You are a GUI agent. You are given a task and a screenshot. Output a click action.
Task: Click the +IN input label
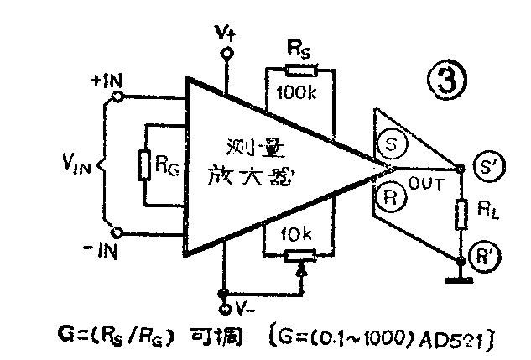pos(107,81)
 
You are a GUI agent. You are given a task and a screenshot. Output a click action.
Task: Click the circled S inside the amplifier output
pos(392,143)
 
